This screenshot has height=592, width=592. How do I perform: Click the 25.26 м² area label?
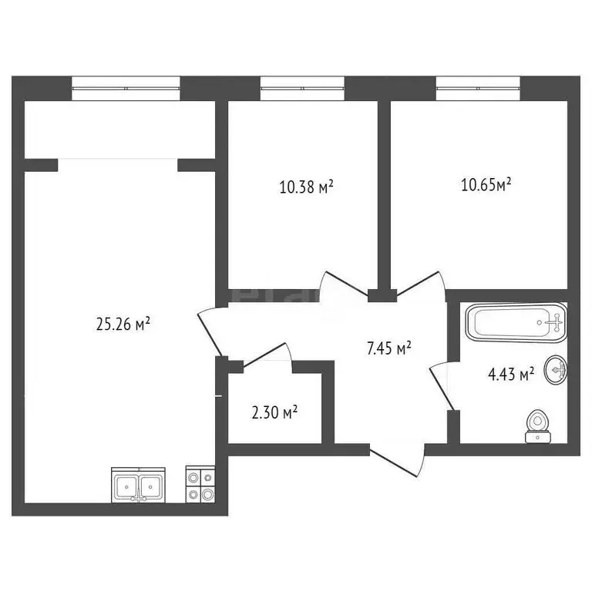pos(122,325)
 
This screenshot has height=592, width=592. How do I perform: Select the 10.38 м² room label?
pos(306,186)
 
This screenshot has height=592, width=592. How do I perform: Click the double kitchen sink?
pos(139,486)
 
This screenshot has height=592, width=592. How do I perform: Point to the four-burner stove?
pos(200,485)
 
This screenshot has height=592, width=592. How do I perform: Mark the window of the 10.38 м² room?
pos(301,87)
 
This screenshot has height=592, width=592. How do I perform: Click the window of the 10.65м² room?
pos(478,87)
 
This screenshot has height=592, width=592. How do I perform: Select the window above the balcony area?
pos(126,87)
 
